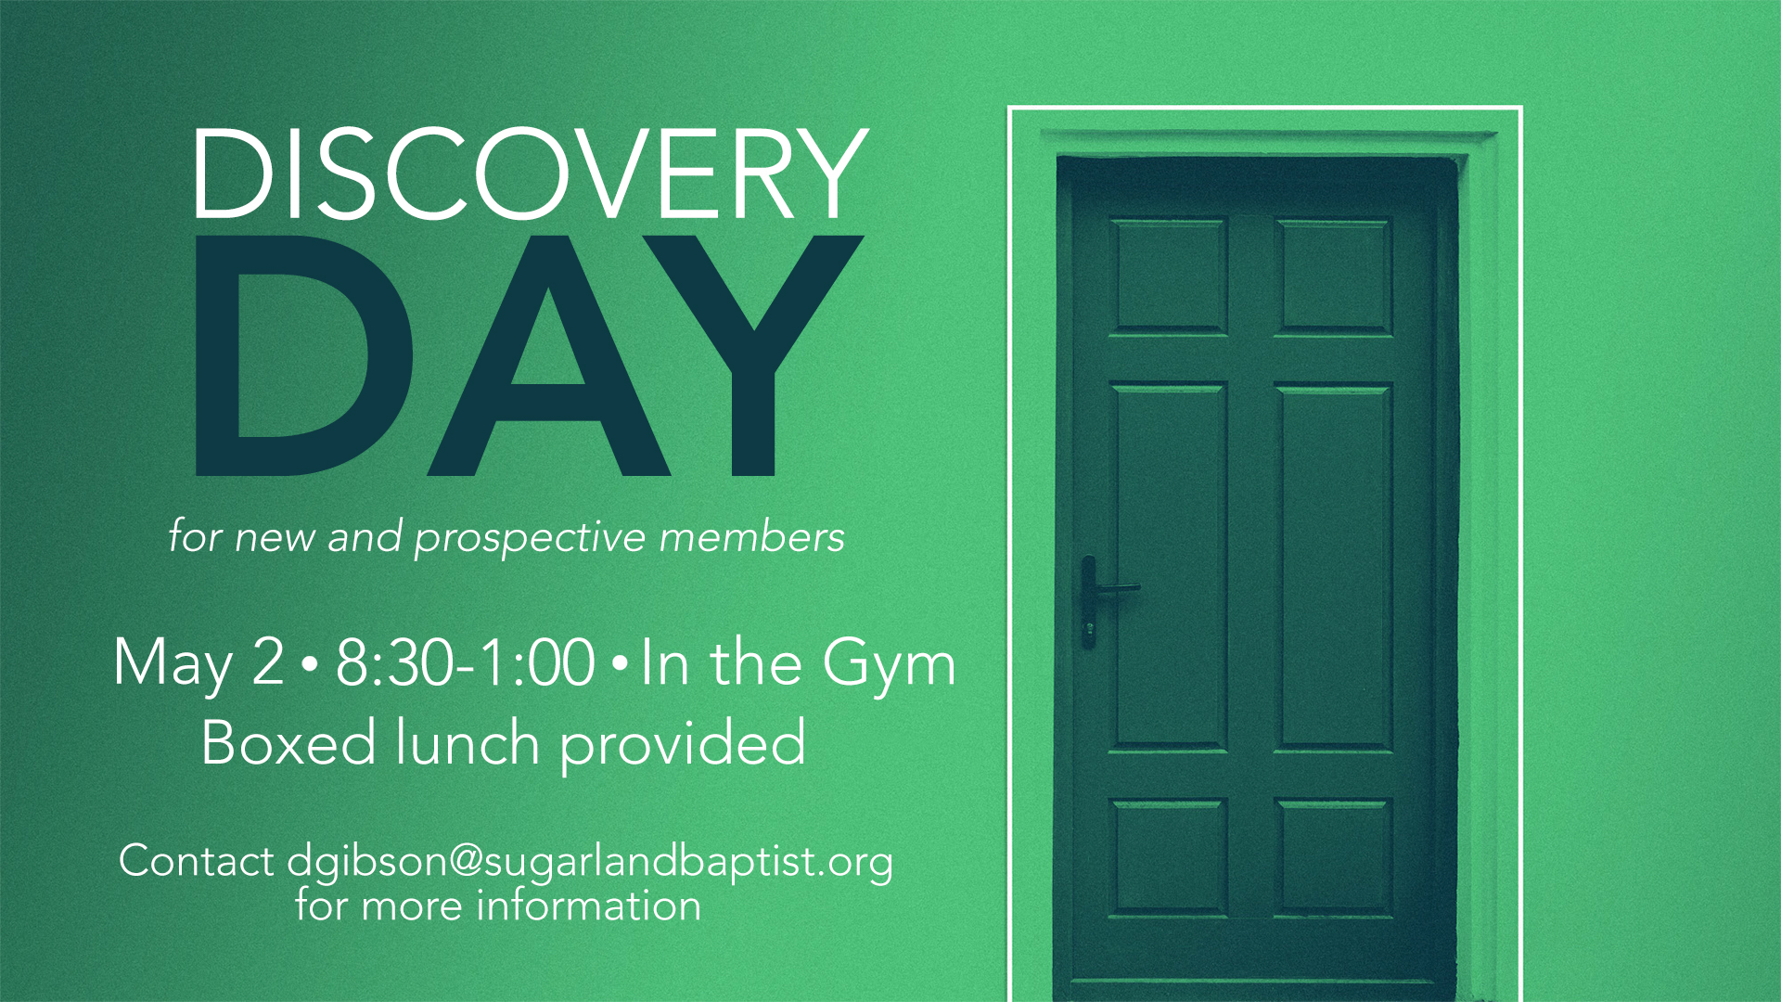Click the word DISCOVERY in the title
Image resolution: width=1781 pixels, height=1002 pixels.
click(x=530, y=174)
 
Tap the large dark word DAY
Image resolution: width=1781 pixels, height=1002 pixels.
click(x=530, y=355)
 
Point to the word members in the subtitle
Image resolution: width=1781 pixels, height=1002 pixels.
click(x=752, y=536)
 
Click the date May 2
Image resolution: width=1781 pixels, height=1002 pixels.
click(x=199, y=664)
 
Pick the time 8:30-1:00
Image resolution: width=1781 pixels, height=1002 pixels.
click(x=465, y=662)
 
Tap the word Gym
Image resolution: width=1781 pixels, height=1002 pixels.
click(x=889, y=664)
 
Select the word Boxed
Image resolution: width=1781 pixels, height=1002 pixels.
click(x=288, y=742)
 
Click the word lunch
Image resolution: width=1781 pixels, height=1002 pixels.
click(x=468, y=742)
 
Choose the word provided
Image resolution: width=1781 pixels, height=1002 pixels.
click(x=683, y=744)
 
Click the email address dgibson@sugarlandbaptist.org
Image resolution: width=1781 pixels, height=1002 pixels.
click(x=590, y=862)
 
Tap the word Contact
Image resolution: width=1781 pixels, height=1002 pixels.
click(x=196, y=860)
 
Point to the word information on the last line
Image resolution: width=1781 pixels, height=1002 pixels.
click(x=589, y=905)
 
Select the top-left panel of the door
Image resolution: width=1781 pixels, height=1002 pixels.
click(x=1169, y=276)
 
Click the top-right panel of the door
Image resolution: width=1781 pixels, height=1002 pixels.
click(x=1334, y=276)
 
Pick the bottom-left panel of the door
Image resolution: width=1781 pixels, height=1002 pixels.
click(x=1169, y=858)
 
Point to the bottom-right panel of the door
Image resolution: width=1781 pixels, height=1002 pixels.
click(x=1334, y=858)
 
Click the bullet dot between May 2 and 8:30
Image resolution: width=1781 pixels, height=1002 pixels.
click(x=310, y=664)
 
